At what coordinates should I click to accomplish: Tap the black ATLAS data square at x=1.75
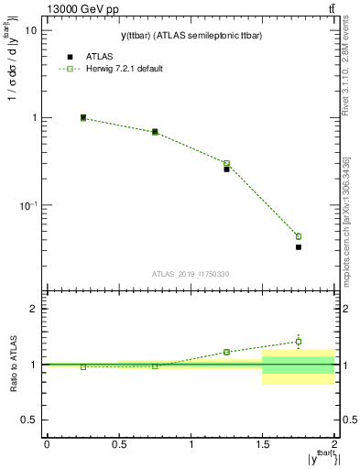point(299,247)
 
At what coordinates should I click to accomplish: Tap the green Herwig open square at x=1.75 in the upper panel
point(299,236)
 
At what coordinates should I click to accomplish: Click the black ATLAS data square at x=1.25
point(226,169)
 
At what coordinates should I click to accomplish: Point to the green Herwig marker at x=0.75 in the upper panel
point(155,132)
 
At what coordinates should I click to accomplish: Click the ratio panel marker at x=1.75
point(299,342)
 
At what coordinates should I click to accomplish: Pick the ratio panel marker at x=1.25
point(226,352)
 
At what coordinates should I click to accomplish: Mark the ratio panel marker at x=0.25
point(83,366)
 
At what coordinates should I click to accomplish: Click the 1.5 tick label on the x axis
point(263,444)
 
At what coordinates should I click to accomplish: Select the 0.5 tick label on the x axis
point(119,444)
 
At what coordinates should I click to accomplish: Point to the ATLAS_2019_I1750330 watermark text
point(191,274)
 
